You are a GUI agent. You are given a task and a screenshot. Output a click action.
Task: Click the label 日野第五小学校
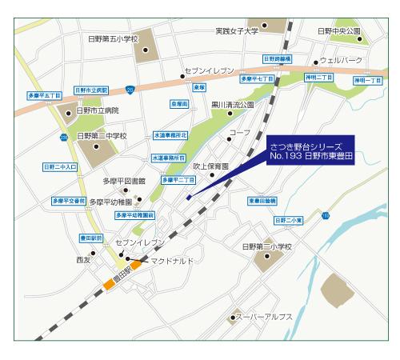[x=112, y=38]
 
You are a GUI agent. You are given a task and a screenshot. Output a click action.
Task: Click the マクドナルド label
[x=171, y=261]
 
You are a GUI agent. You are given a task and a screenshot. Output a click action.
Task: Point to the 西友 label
[x=85, y=260]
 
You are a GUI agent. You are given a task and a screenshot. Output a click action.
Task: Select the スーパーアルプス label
[x=266, y=317]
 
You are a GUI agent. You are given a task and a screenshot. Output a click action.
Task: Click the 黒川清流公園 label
[x=232, y=105]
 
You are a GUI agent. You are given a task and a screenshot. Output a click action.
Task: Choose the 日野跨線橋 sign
[x=278, y=59]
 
